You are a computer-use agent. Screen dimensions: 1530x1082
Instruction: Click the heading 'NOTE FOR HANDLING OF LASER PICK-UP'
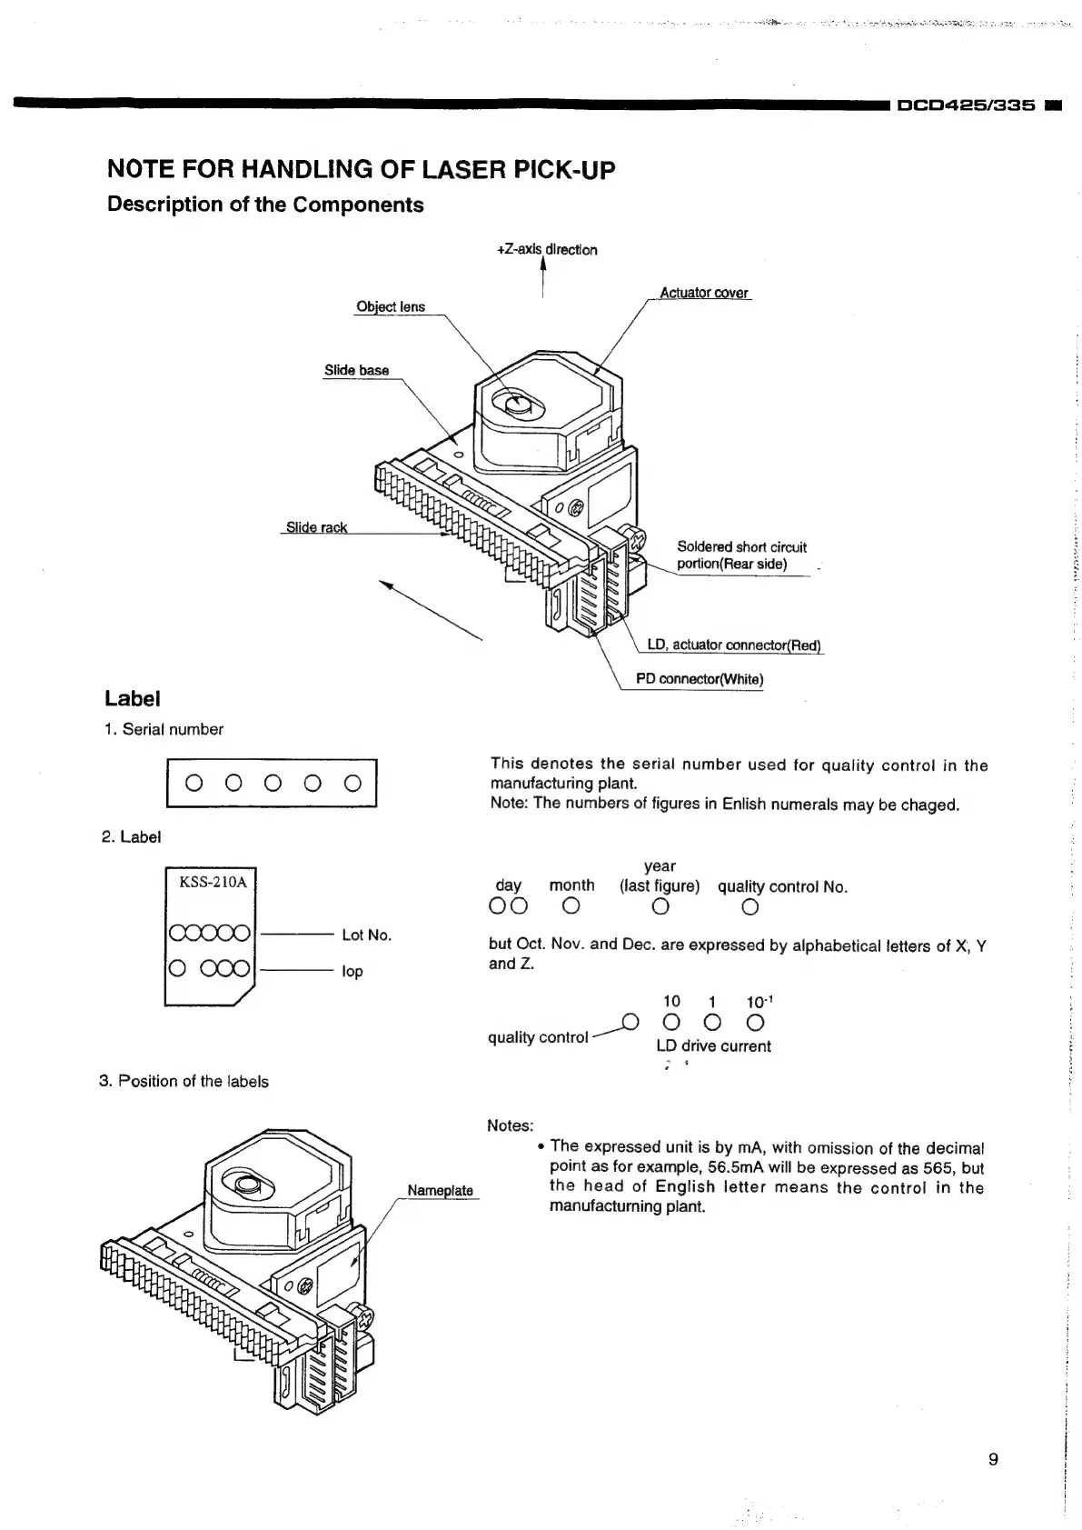coord(361,169)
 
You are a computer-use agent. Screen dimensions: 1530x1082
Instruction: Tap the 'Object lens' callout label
coord(391,307)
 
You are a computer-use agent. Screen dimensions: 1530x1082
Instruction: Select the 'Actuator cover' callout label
coord(704,293)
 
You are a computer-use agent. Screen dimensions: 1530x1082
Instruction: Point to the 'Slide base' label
coord(356,370)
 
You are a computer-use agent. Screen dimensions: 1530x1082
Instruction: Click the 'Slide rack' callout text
coord(316,527)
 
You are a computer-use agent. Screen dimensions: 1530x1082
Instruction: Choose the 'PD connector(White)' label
coord(700,679)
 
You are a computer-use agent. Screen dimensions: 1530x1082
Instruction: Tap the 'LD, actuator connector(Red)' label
coord(733,645)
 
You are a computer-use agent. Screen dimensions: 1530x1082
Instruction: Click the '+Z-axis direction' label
coord(547,250)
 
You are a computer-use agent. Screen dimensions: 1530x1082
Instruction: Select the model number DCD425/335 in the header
coord(966,105)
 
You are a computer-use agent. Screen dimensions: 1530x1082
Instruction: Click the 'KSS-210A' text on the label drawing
coord(213,882)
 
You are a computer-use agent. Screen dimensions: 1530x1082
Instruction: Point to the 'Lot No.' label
coord(366,935)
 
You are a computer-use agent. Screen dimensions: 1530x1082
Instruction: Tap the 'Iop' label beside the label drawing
coord(352,971)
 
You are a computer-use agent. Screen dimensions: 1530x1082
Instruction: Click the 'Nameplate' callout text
coord(440,1190)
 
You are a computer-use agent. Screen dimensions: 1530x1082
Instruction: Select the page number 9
coord(993,1459)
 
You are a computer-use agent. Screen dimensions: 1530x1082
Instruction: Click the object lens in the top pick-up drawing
coord(517,405)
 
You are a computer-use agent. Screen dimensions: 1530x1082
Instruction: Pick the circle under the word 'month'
coord(571,907)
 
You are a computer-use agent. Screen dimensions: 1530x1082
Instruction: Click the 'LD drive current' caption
coord(713,1046)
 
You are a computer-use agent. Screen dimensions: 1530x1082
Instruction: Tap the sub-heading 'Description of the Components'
coord(265,205)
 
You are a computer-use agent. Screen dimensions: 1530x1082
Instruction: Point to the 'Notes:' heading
coord(511,1125)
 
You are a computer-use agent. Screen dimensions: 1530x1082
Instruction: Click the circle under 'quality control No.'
coord(749,907)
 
